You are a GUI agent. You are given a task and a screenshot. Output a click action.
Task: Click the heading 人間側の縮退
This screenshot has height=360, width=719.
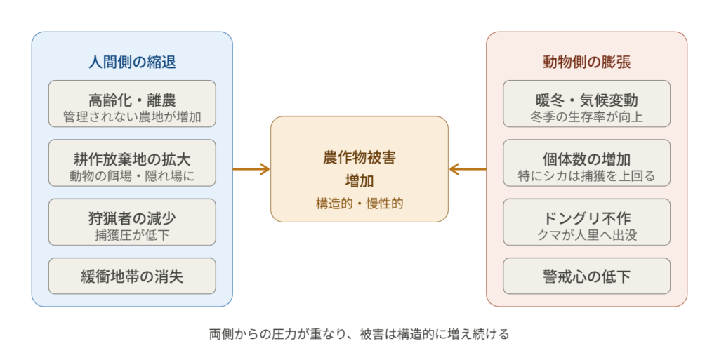132,62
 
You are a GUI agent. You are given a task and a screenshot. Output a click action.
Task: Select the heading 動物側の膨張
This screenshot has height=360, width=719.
586,62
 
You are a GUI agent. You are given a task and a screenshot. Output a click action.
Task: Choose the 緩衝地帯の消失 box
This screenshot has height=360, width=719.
132,276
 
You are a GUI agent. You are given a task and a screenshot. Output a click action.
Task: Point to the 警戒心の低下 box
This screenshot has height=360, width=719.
586,276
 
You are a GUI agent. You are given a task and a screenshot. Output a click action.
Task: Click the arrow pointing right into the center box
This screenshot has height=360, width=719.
252,169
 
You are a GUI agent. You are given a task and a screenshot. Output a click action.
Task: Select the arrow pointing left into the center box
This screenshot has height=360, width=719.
467,169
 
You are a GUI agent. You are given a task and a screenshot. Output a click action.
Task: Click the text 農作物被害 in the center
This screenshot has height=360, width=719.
359,157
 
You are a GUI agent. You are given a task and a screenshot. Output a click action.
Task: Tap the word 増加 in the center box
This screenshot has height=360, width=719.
359,180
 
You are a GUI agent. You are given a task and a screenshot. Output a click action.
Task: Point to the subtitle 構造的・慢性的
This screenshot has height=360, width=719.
359,204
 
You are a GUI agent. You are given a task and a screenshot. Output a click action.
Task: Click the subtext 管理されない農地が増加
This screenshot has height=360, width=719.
132,116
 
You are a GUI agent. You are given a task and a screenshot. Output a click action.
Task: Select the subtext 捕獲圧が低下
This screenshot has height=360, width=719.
132,235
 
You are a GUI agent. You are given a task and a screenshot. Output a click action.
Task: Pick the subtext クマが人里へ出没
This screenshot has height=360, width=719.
586,235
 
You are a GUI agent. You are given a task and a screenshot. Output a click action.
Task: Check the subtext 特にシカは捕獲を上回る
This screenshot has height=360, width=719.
586,176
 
